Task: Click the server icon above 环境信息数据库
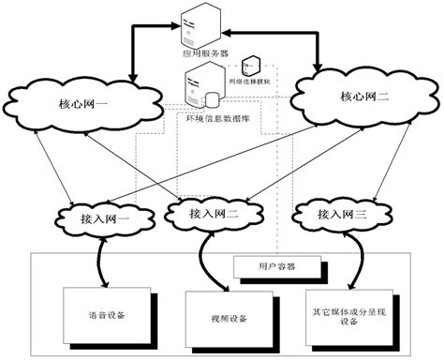197,91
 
